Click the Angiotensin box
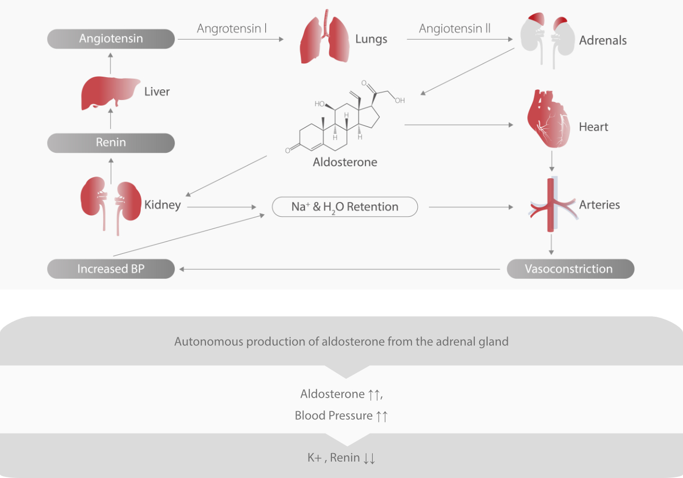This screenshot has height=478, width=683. [111, 39]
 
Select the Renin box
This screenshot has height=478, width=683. [111, 143]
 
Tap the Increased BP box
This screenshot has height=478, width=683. [111, 269]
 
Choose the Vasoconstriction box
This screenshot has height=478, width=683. [570, 269]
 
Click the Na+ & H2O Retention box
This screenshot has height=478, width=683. [345, 207]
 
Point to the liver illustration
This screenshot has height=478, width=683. [108, 94]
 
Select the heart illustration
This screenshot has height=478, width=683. [549, 120]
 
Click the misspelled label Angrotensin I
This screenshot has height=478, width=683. [231, 29]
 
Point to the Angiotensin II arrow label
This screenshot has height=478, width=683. [454, 29]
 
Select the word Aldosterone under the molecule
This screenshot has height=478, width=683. [345, 162]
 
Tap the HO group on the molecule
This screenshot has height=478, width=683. [319, 104]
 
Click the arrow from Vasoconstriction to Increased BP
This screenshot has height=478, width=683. [339, 269]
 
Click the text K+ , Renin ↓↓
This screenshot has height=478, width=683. [341, 458]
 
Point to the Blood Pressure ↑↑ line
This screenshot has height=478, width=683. [341, 416]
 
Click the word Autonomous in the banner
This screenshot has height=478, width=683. [203, 342]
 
